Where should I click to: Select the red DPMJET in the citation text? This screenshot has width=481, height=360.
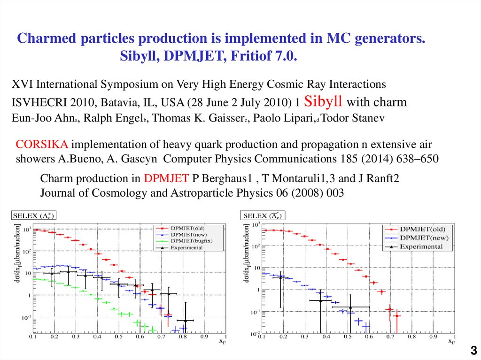(x=166, y=178)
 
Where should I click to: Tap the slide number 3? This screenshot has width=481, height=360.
(x=473, y=350)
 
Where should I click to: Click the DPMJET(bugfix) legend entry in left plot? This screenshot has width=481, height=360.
(x=187, y=240)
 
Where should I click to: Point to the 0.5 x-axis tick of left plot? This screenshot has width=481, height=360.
(x=119, y=337)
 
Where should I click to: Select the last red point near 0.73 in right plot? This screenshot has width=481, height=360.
(x=397, y=316)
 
